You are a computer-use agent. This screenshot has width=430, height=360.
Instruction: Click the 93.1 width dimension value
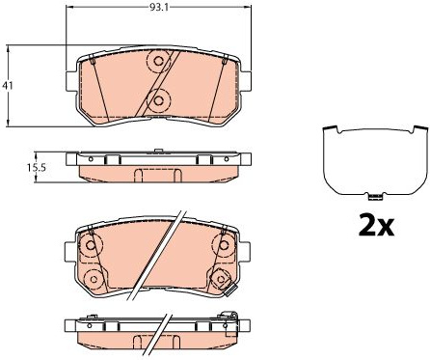(158, 7)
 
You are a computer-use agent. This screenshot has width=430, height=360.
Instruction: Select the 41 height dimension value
(7, 86)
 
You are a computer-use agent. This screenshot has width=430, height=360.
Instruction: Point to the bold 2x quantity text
(376, 226)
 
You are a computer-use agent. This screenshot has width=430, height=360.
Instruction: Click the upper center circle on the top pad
(158, 61)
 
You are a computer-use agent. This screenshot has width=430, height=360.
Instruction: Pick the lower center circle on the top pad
(158, 100)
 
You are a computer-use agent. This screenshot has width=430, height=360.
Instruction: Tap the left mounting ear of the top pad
(70, 80)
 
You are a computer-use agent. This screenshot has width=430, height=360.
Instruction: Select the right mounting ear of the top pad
(246, 80)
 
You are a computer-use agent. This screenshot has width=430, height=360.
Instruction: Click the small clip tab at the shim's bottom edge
(373, 197)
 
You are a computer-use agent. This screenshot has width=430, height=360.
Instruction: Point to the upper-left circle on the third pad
(91, 245)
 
